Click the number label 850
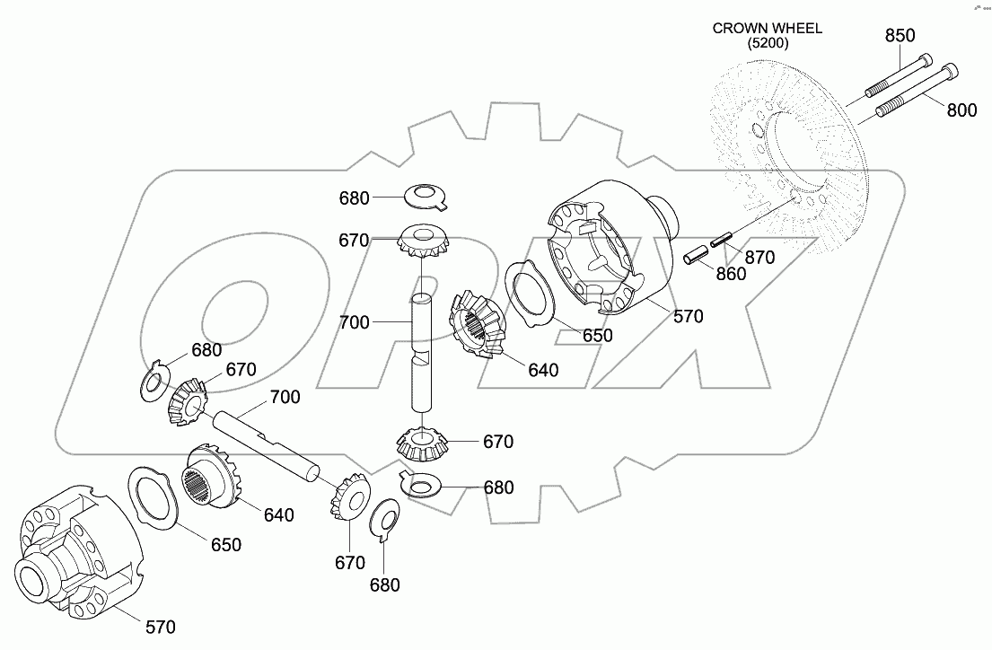click(x=900, y=35)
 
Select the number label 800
click(x=961, y=110)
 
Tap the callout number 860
click(x=731, y=274)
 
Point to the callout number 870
click(x=759, y=258)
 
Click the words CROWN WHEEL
click(x=767, y=28)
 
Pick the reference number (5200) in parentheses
click(x=767, y=43)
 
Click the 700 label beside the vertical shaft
click(x=355, y=321)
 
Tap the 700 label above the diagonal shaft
click(x=285, y=396)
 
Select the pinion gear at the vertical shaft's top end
click(x=422, y=240)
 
